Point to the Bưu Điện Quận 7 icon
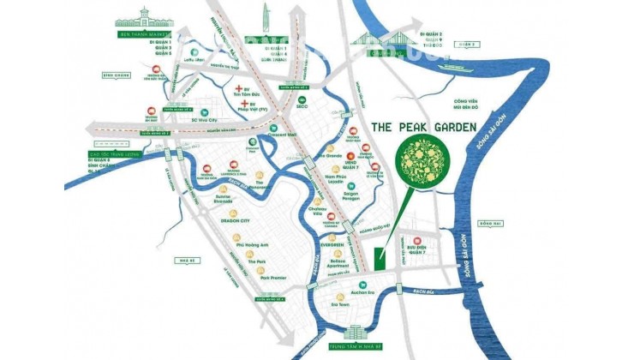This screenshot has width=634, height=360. (x=416, y=241)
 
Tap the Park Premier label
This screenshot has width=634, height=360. (x=260, y=277)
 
